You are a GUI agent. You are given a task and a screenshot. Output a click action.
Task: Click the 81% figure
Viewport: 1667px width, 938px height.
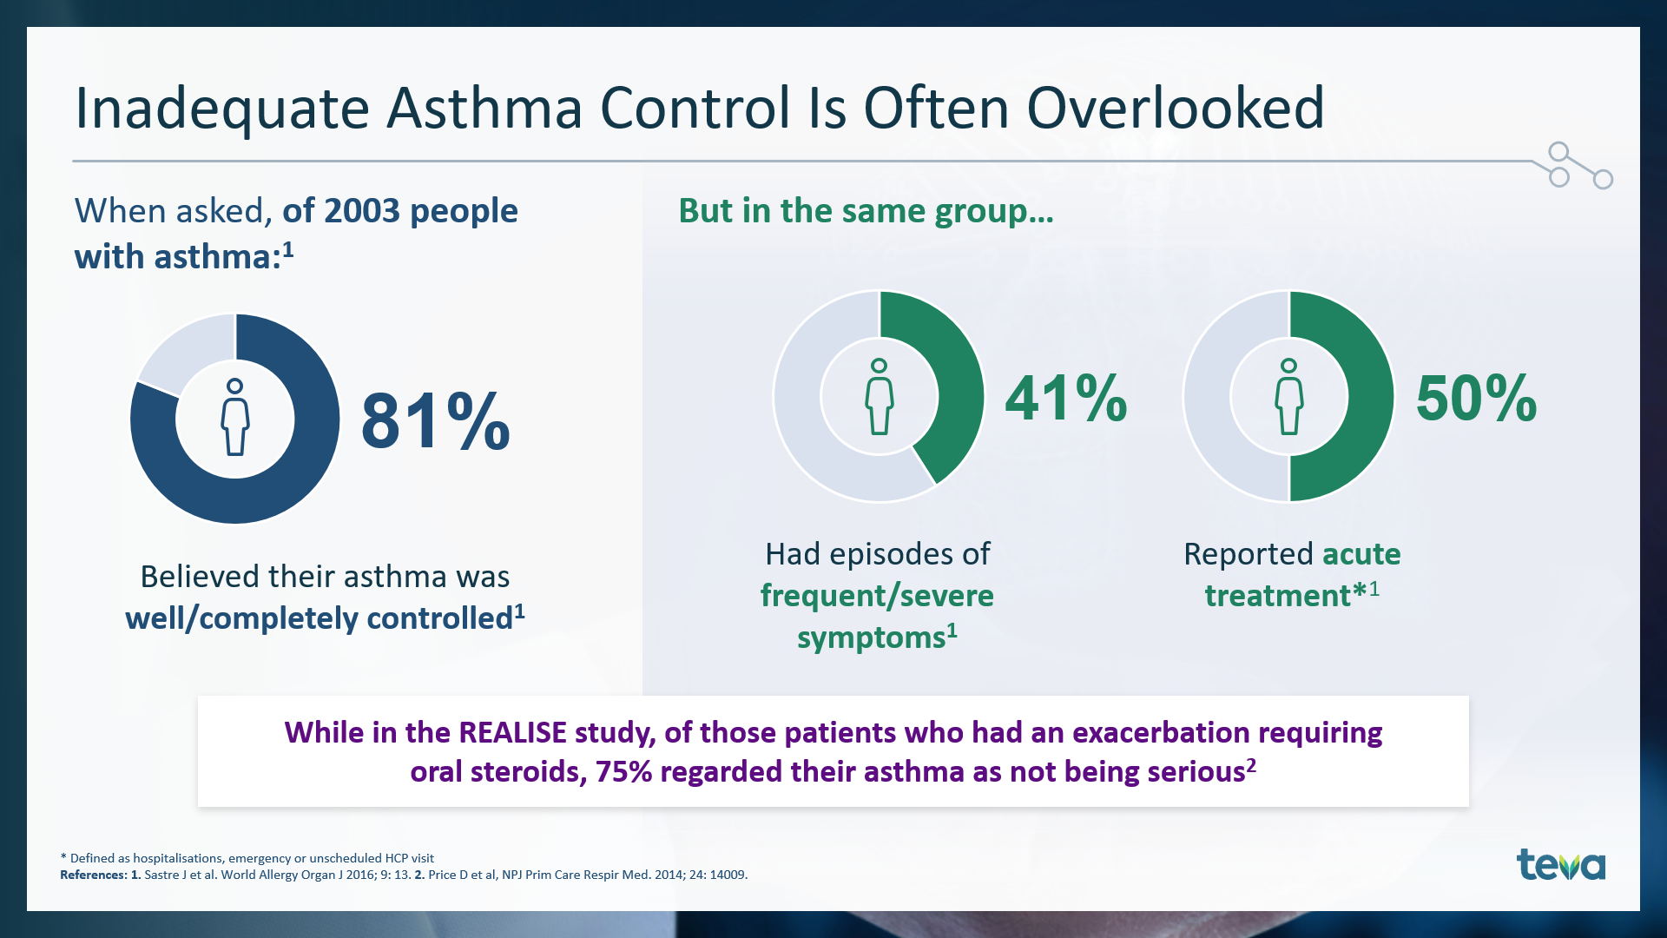435,421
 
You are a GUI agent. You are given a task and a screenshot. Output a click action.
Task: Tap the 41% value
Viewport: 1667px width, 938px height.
1066,399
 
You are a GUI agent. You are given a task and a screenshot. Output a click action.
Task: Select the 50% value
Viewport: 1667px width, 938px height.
1476,399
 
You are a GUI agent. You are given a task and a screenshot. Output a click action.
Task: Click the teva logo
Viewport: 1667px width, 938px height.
1561,865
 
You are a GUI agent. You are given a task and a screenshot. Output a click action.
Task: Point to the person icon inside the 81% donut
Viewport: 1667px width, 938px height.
234,417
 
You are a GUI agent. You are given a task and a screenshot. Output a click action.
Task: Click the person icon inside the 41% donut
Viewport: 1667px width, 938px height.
880,396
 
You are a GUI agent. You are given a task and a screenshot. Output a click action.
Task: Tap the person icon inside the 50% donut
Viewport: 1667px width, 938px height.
1289,396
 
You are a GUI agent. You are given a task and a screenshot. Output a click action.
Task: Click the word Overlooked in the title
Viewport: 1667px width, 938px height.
1176,109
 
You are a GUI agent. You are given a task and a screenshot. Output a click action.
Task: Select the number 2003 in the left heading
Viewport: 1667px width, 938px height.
363,211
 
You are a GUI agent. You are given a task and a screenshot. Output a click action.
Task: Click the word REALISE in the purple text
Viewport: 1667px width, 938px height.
513,732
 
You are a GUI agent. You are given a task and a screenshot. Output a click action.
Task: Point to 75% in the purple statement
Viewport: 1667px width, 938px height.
623,771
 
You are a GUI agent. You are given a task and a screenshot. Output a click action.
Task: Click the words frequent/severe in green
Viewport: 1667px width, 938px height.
877,596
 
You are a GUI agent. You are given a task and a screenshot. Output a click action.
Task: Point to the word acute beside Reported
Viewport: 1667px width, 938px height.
1361,554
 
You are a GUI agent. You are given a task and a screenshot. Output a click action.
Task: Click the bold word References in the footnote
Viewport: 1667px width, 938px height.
93,875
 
